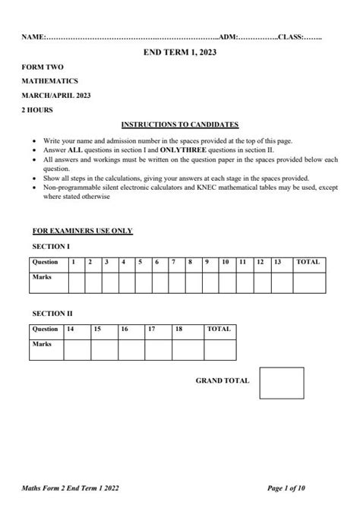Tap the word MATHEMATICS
pos(50,80)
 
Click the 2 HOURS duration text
pos(38,109)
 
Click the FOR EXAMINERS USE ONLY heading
pos(83,230)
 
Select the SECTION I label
pos(50,247)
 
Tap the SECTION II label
pos(52,313)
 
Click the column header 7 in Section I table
pos(174,262)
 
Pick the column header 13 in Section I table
pos(278,262)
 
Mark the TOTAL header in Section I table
pos(308,262)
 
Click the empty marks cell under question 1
pos(74,282)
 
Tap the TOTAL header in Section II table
pos(219,330)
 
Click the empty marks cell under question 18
pos(188,349)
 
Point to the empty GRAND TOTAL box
pos(281,383)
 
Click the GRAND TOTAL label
pos(223,380)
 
